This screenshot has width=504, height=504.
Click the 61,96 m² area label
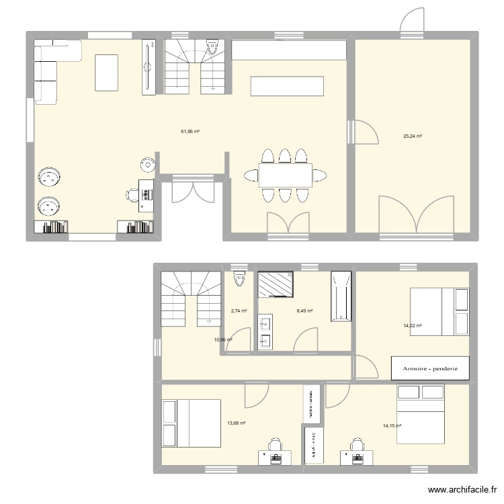click(x=190, y=132)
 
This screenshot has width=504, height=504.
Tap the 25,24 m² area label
click(x=412, y=136)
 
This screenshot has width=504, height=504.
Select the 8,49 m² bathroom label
click(x=304, y=311)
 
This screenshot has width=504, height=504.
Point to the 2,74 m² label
click(x=239, y=311)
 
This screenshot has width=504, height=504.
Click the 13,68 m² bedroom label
click(x=236, y=423)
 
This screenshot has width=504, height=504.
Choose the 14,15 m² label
click(x=392, y=425)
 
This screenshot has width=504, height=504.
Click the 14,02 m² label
click(x=412, y=326)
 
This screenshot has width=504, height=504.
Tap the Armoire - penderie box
click(x=429, y=368)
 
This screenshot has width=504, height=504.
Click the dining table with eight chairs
click(x=285, y=176)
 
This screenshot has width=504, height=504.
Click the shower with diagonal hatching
click(x=276, y=284)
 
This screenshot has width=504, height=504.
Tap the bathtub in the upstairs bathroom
click(x=341, y=296)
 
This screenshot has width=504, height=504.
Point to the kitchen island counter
click(x=287, y=86)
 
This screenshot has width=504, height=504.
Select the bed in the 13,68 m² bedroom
click(x=192, y=423)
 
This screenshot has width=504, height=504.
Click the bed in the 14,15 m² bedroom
click(x=420, y=414)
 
